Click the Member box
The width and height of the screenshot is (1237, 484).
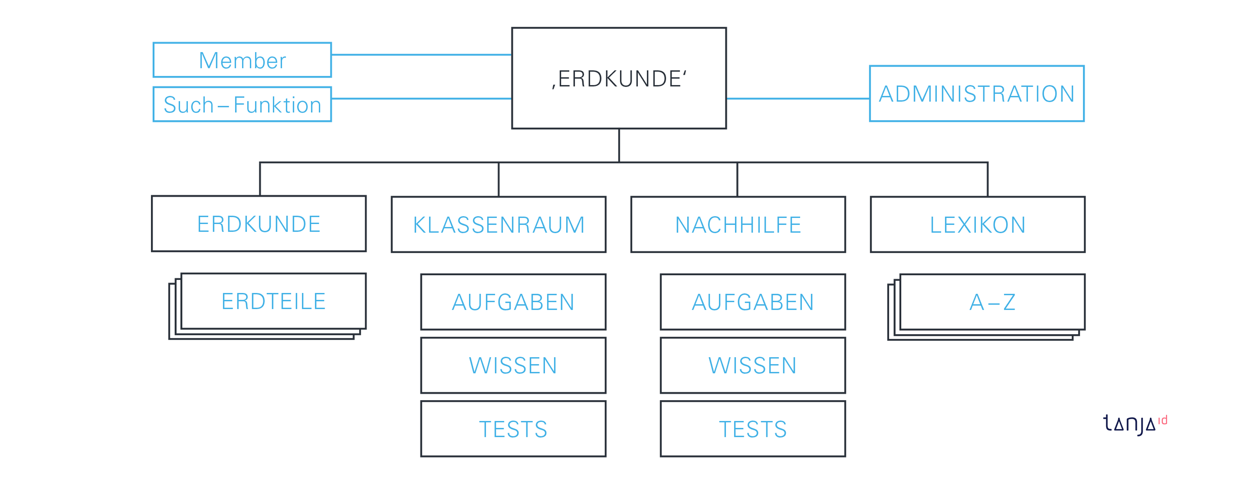click(242, 60)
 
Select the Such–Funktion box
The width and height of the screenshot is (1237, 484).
click(242, 104)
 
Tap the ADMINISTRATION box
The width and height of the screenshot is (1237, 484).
click(977, 94)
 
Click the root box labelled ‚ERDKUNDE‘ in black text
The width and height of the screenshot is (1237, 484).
click(619, 78)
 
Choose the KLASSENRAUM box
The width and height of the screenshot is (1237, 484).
click(498, 224)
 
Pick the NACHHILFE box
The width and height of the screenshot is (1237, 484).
click(738, 224)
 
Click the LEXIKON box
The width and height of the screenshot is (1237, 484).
click(978, 224)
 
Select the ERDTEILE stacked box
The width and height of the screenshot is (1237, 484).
click(273, 301)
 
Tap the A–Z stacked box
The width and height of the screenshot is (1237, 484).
click(992, 302)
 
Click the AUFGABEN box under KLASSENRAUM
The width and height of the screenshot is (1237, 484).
click(513, 302)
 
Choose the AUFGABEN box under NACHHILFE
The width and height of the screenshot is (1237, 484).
click(753, 302)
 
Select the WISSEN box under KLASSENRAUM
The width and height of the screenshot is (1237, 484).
click(513, 365)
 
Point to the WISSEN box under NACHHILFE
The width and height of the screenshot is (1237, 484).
click(753, 365)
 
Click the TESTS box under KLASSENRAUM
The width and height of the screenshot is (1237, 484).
click(513, 429)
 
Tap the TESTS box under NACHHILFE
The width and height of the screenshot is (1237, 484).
click(753, 429)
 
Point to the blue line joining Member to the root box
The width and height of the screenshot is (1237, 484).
click(422, 55)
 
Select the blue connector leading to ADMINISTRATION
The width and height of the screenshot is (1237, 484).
click(798, 99)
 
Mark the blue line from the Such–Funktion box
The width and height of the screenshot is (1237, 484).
click(422, 99)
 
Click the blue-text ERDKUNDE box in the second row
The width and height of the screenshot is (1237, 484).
click(259, 223)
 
